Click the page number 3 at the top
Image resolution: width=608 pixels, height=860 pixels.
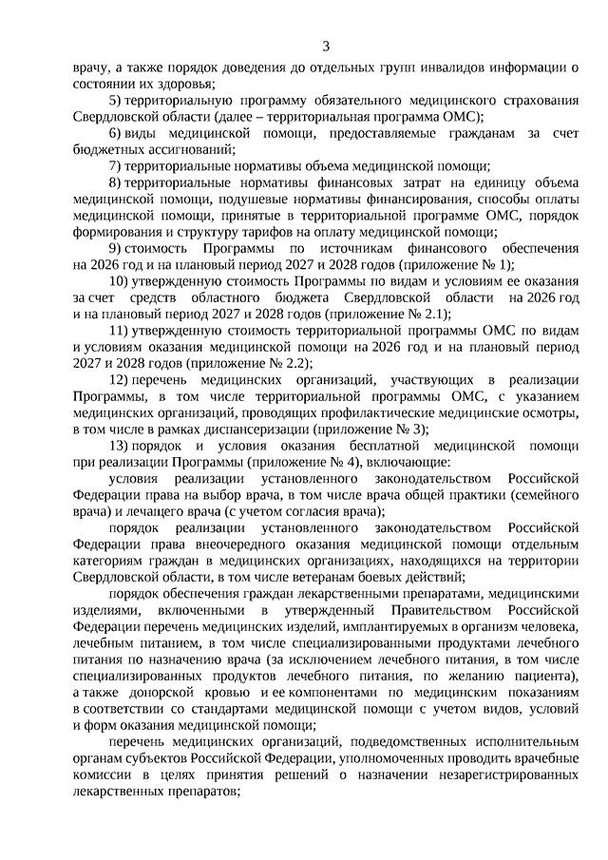[325, 46]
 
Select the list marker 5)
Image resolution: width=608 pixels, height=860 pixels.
[113, 100]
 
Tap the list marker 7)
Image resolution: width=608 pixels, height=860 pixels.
[113, 165]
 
